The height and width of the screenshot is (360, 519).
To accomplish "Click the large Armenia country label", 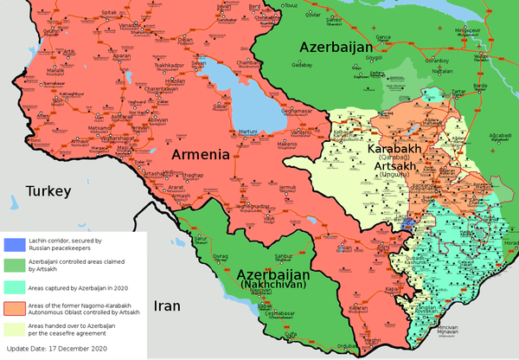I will [x=200, y=155].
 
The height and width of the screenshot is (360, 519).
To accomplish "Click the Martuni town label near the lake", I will [x=249, y=131].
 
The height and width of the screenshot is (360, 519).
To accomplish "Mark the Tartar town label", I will [x=458, y=89].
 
